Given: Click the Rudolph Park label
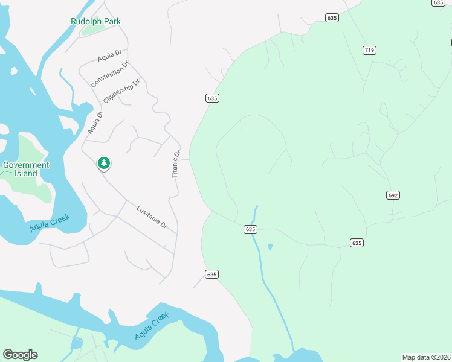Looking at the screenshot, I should [95, 21].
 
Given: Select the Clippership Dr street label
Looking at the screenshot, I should [121, 90].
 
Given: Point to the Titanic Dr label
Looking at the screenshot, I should [176, 164].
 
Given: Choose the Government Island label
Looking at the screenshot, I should [26, 169].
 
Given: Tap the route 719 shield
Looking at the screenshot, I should [369, 49].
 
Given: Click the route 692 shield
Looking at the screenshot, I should [393, 195].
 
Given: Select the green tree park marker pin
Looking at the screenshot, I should [104, 163].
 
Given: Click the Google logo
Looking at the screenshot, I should [20, 354].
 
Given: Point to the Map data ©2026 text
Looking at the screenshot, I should [425, 357].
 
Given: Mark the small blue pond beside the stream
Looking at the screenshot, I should [270, 246].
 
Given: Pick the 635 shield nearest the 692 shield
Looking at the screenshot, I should [357, 243].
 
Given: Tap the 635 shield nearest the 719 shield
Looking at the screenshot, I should [331, 18].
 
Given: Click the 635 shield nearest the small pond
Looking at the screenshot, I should [251, 229].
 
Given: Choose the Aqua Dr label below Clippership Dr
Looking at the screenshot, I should [95, 122].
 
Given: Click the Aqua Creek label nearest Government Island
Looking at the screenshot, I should [50, 223].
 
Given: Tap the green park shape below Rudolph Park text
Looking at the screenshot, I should [92, 28].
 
